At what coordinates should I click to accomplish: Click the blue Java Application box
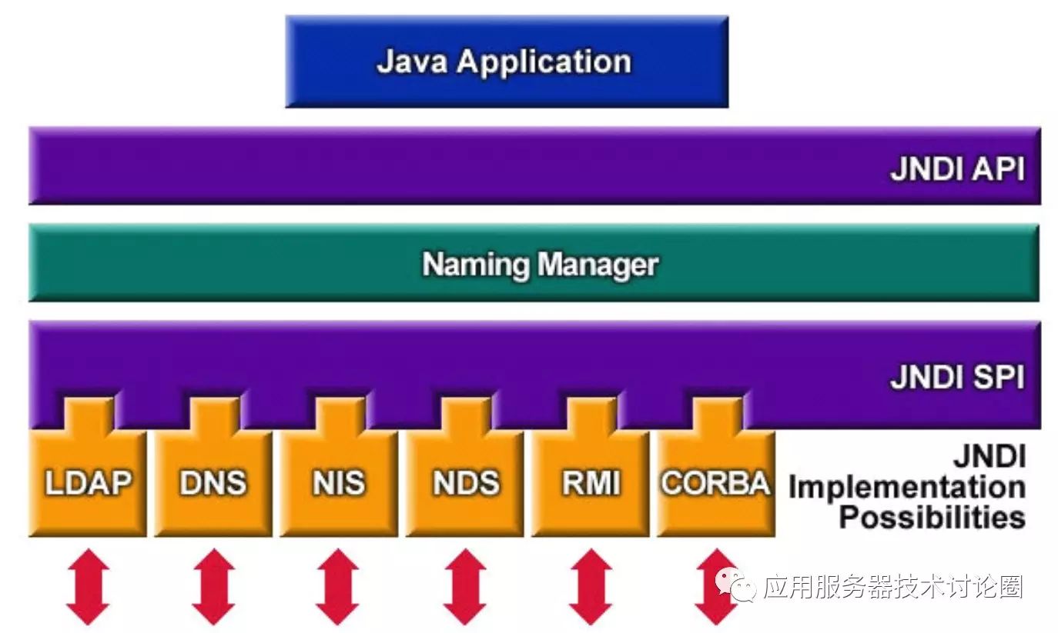click(506, 62)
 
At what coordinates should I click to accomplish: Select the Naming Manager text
click(540, 265)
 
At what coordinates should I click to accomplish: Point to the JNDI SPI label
click(957, 378)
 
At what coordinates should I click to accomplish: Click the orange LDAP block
click(87, 482)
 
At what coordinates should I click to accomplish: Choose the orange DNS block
click(213, 482)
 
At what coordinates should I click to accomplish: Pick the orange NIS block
click(338, 482)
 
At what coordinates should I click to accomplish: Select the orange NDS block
click(464, 482)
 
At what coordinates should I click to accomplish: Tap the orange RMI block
click(590, 482)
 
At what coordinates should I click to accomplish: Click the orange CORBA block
click(715, 482)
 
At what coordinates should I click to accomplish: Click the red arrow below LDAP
click(88, 586)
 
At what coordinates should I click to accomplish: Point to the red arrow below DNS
click(213, 586)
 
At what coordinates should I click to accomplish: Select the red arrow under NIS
click(338, 586)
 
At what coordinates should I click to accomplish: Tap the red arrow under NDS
click(464, 586)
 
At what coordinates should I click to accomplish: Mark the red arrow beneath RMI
click(590, 586)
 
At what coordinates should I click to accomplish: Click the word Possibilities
click(931, 517)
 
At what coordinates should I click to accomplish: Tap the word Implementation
click(906, 488)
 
